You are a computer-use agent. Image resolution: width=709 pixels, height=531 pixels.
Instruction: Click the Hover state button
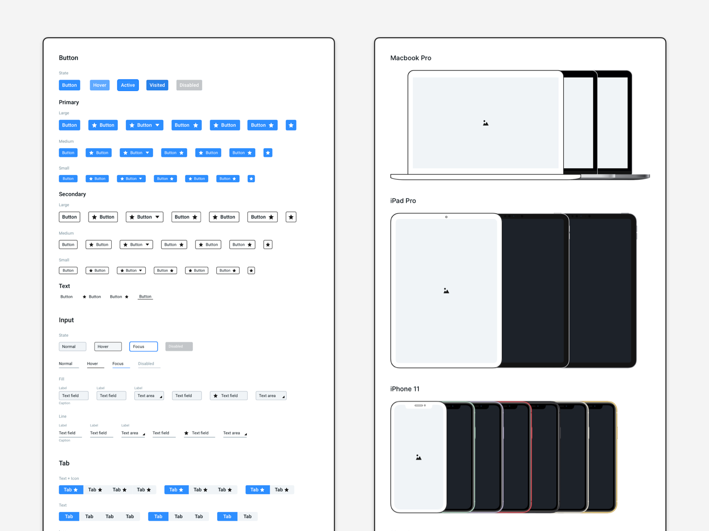point(99,85)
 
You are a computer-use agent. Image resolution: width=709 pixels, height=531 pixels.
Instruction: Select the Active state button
point(128,85)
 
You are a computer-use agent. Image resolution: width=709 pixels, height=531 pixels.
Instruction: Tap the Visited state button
point(157,85)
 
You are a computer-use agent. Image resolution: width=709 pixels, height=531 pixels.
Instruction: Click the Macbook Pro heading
point(410,58)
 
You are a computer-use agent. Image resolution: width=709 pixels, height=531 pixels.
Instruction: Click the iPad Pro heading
point(403,201)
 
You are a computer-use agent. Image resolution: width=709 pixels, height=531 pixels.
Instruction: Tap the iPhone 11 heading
point(405,389)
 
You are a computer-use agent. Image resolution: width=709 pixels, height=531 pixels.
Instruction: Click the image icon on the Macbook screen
point(486,123)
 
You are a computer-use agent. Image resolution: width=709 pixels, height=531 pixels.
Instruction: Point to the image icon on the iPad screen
point(446,291)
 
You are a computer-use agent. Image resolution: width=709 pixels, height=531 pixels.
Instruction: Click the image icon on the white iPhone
point(418,457)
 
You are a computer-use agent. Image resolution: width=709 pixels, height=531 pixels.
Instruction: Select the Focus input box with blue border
point(143,346)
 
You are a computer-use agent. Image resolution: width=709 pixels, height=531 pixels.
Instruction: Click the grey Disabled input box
point(179,346)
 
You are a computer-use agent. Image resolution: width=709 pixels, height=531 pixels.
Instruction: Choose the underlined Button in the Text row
point(145,297)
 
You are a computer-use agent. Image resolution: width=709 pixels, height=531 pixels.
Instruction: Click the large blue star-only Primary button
point(291,125)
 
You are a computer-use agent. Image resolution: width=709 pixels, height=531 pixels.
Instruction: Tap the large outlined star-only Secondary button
point(291,217)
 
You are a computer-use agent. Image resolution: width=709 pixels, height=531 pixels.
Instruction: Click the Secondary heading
point(72,194)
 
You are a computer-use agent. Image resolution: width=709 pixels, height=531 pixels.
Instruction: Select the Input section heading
point(66,320)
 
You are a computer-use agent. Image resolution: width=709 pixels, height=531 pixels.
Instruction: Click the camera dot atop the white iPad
point(446,217)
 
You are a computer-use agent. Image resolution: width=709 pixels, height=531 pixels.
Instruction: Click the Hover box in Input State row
point(108,346)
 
